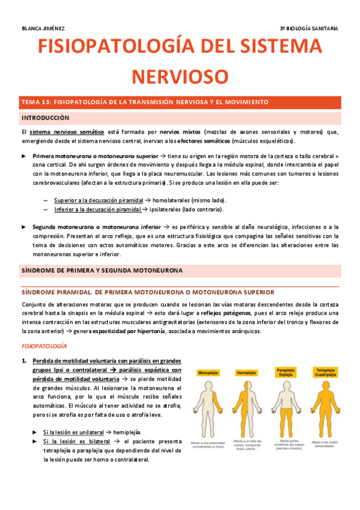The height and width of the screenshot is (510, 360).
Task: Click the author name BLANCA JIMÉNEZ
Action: point(43,28)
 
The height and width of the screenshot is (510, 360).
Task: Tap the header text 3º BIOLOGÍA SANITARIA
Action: point(309,28)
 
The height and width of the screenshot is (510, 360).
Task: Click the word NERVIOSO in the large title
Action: point(180,77)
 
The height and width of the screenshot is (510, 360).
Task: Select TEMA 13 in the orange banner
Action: point(40,102)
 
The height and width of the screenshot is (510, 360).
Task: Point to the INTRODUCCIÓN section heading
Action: point(46,118)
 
